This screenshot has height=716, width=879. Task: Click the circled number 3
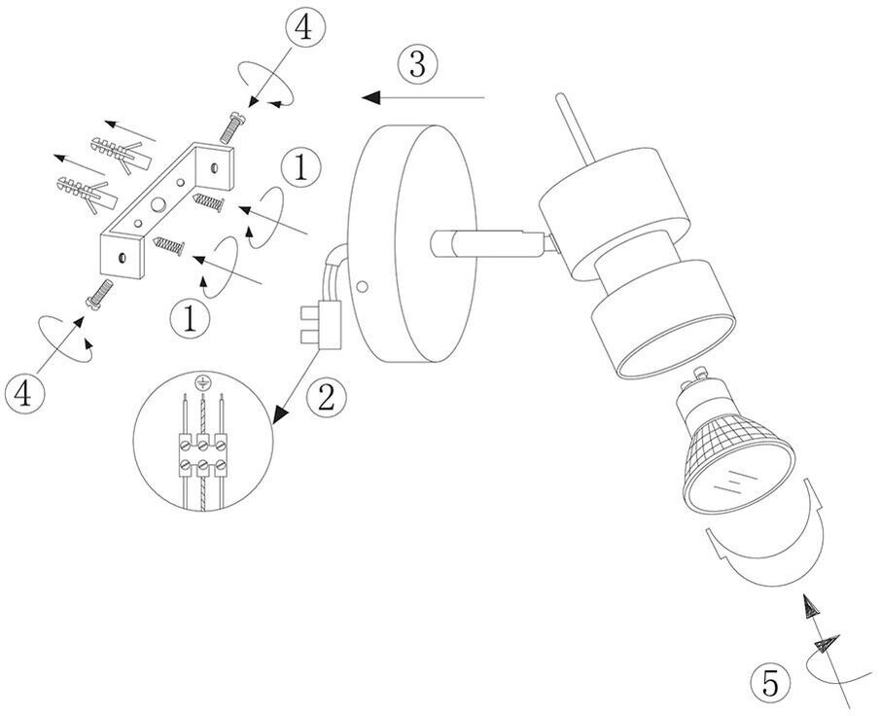click(416, 65)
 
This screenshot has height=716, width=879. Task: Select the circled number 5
click(771, 684)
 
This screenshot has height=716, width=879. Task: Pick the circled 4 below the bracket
click(25, 393)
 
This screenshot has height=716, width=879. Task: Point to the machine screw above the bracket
click(233, 124)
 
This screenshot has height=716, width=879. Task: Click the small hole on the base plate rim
click(362, 287)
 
